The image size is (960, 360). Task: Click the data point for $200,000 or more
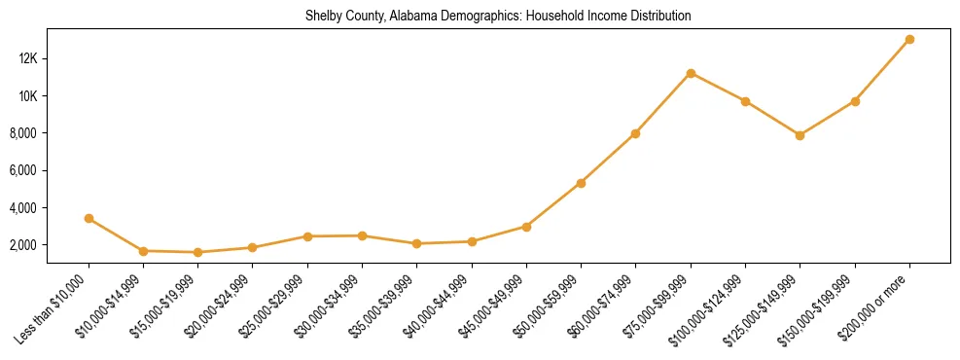pyautogui.click(x=909, y=40)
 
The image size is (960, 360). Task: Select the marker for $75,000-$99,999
pyautogui.click(x=691, y=73)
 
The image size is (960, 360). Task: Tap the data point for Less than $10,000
pyautogui.click(x=89, y=219)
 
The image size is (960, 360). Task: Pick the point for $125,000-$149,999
pyautogui.click(x=800, y=135)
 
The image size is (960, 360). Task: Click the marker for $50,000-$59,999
pyautogui.click(x=581, y=183)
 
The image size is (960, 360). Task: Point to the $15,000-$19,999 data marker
pyautogui.click(x=198, y=252)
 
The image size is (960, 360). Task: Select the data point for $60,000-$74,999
pyautogui.click(x=635, y=133)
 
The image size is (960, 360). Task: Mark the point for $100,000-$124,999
pyautogui.click(x=745, y=101)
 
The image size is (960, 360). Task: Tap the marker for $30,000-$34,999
pyautogui.click(x=362, y=235)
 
